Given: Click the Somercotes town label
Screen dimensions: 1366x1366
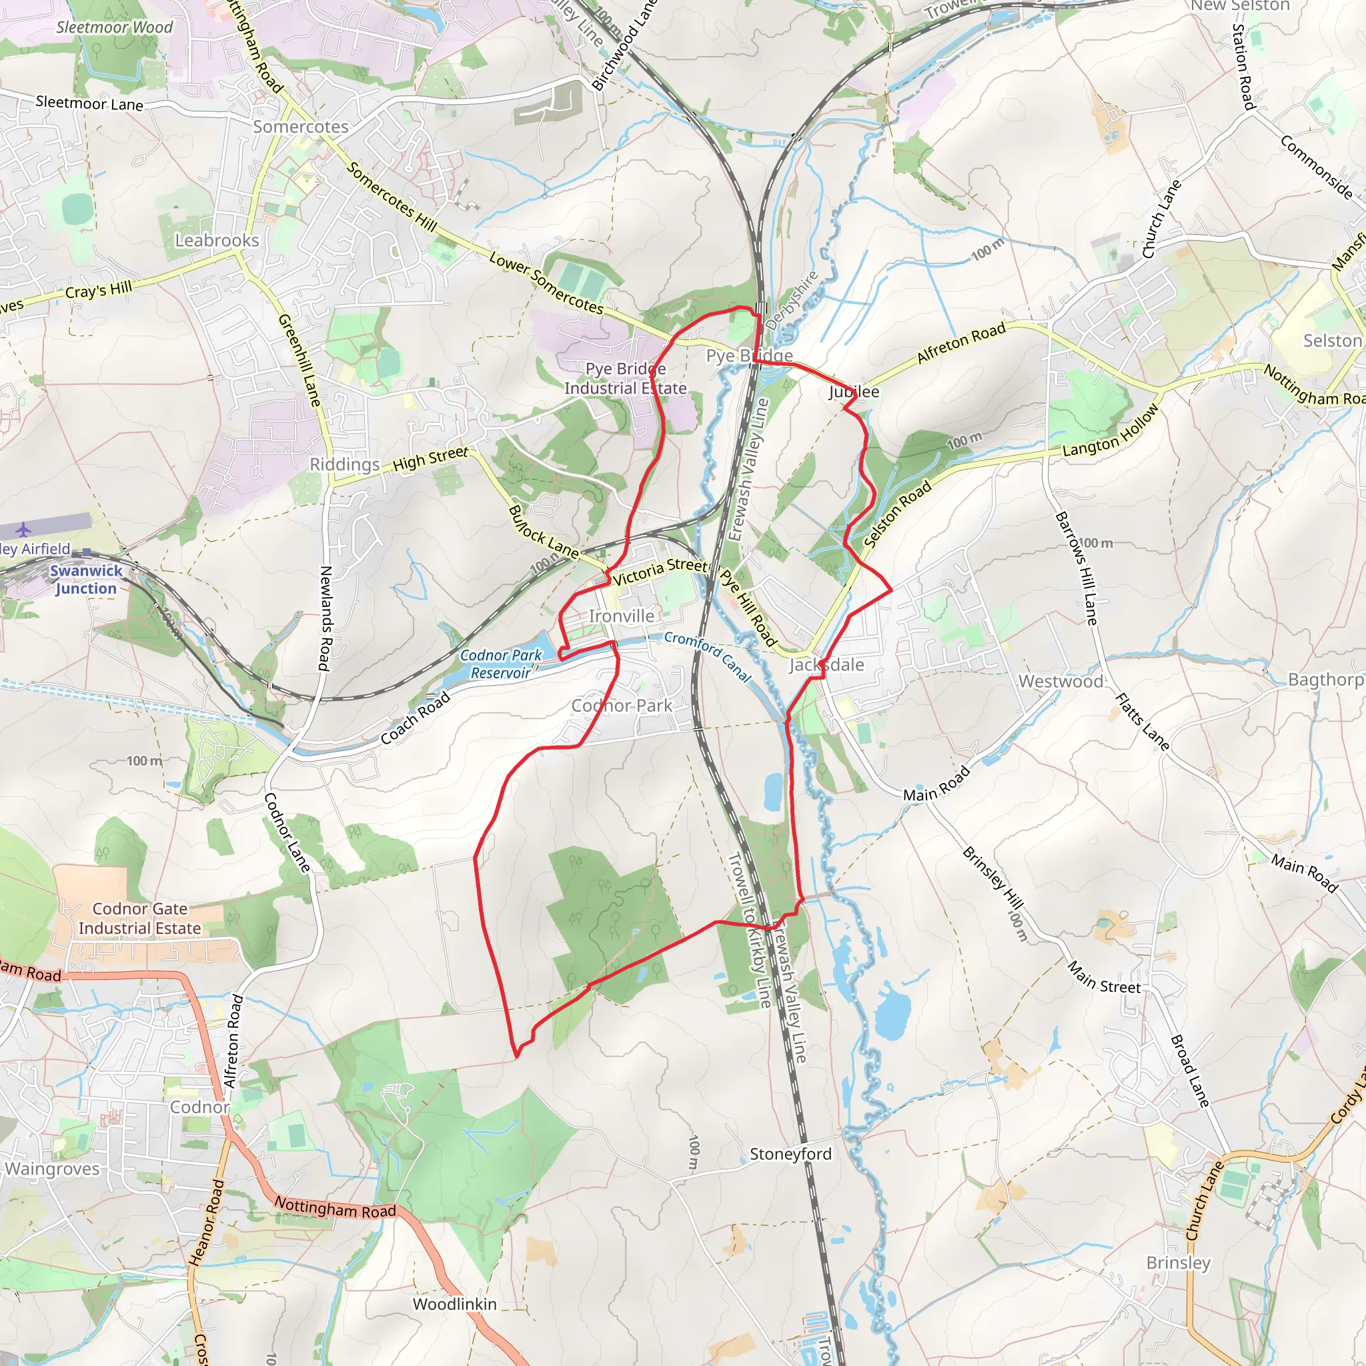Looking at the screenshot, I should coord(301,127).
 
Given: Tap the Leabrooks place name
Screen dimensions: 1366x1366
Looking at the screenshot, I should coord(217,240).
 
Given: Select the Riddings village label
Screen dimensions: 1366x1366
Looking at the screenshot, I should coord(345,464).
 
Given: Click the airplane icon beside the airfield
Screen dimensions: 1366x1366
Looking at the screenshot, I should coord(24,529).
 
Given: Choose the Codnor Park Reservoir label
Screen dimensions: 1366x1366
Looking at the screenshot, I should coord(501,664).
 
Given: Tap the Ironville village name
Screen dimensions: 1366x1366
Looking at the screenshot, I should coord(622,616).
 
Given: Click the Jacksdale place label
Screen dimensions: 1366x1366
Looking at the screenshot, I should coord(826,664).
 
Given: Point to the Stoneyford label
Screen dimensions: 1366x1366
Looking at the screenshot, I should coord(790,1154).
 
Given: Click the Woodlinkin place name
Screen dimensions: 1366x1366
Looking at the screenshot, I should coord(455,1304).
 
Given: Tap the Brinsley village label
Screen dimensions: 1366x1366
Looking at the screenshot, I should coord(1179,1263).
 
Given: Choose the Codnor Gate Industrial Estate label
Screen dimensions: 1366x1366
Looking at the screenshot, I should coord(140,918).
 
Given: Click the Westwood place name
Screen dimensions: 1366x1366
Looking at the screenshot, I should coord(1061,682).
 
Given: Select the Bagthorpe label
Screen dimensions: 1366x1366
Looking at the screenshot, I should coord(1325,680).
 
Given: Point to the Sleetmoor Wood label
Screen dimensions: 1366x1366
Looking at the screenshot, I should coord(115,27).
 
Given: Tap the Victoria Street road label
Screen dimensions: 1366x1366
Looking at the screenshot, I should coord(660,572).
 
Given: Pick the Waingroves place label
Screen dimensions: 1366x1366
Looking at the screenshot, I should coord(52,1169).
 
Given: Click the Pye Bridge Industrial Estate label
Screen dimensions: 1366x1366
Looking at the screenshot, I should coord(625,378).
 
